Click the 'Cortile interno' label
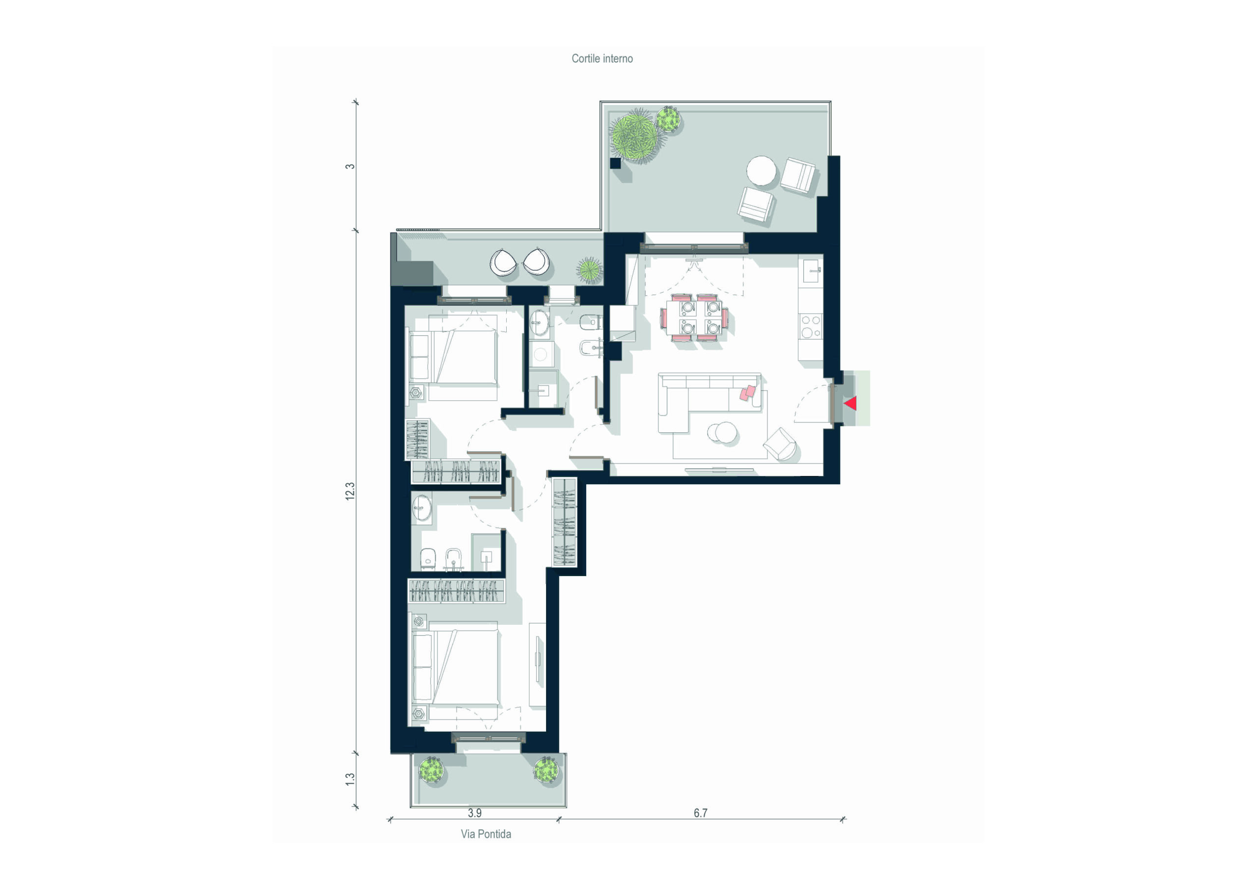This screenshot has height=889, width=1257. (x=601, y=58)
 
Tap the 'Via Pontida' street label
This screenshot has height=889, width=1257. (x=486, y=834)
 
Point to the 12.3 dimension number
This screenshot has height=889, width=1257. (x=350, y=491)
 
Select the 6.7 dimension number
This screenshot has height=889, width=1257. (x=700, y=813)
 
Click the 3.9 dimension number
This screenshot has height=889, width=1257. (x=475, y=813)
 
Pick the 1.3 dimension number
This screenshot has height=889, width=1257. (x=350, y=779)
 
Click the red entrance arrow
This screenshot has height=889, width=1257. (x=850, y=404)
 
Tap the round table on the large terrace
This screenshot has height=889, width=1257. (x=761, y=170)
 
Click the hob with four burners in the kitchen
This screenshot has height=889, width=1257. (x=810, y=326)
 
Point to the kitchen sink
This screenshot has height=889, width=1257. (x=811, y=271)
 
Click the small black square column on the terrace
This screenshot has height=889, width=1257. (x=615, y=163)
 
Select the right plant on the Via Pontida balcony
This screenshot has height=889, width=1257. (x=546, y=770)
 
